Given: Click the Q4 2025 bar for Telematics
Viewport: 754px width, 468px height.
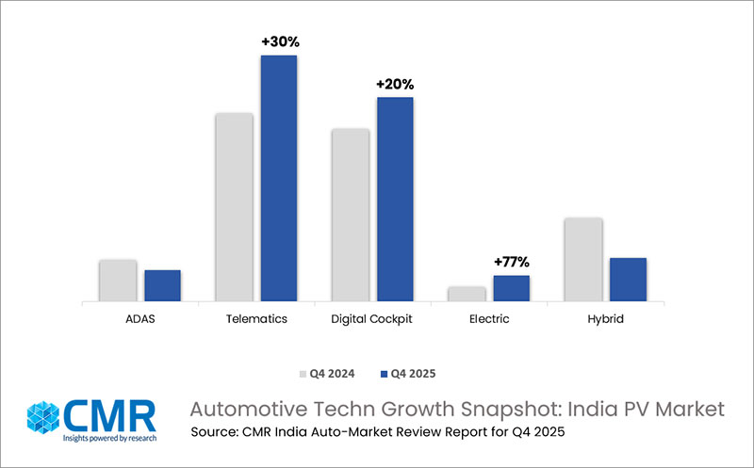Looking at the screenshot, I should click(279, 179).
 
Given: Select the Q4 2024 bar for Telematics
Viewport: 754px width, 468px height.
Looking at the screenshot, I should click(234, 207).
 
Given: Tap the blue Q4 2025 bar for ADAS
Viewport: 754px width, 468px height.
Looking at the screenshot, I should click(162, 286).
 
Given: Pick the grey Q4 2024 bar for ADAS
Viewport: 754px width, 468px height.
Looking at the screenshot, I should click(118, 281).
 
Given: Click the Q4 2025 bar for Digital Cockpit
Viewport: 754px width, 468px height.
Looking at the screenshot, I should click(395, 200).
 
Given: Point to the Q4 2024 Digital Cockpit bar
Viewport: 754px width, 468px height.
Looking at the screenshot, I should click(350, 215).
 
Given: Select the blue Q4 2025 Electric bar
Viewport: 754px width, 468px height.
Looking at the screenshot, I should click(511, 288).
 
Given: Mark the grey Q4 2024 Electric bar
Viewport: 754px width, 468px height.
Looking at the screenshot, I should click(467, 294).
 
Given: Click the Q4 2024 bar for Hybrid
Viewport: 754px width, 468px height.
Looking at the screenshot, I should click(583, 260).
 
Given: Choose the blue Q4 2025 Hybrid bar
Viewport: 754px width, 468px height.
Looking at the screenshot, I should click(628, 280).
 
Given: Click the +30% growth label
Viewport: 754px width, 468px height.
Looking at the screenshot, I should click(279, 41).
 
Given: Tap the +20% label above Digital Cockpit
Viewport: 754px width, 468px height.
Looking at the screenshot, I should click(395, 84).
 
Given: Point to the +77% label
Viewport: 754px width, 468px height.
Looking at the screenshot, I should click(511, 262).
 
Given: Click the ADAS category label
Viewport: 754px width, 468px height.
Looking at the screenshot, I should click(139, 319).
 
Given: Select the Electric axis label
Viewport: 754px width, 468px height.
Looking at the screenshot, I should click(488, 319).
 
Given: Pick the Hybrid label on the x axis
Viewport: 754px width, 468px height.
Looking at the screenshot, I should click(604, 319).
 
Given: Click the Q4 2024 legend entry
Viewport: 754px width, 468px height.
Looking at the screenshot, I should click(327, 373).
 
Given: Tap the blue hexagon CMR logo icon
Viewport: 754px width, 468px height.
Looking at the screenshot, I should click(44, 419).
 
